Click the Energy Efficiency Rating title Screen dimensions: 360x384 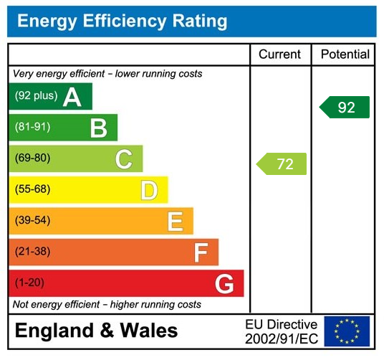point(122,22)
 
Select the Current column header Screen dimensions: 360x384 point(279,55)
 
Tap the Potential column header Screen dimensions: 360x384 point(345,55)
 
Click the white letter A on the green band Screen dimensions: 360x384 point(72,97)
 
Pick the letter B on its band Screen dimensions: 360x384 point(98,128)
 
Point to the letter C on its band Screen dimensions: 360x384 point(124,159)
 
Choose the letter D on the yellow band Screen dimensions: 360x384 point(149,190)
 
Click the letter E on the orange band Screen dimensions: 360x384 point(175,222)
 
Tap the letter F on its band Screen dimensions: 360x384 point(201,252)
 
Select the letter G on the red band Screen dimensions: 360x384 point(224,284)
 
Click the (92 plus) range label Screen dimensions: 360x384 point(37,96)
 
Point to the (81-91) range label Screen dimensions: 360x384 point(33,128)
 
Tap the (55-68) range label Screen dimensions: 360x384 point(33,190)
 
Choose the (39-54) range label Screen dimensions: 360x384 point(33,221)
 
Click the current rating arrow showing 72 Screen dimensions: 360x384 point(282,164)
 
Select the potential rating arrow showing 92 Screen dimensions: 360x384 point(345,107)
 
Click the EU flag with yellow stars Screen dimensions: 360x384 point(347,331)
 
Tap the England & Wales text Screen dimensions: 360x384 point(97,331)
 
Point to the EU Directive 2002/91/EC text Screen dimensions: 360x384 point(281,331)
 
